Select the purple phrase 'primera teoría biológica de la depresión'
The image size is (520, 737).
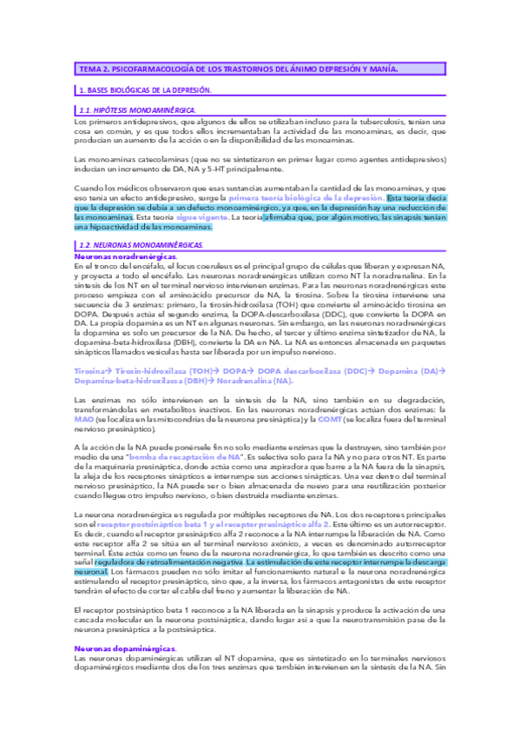309,198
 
